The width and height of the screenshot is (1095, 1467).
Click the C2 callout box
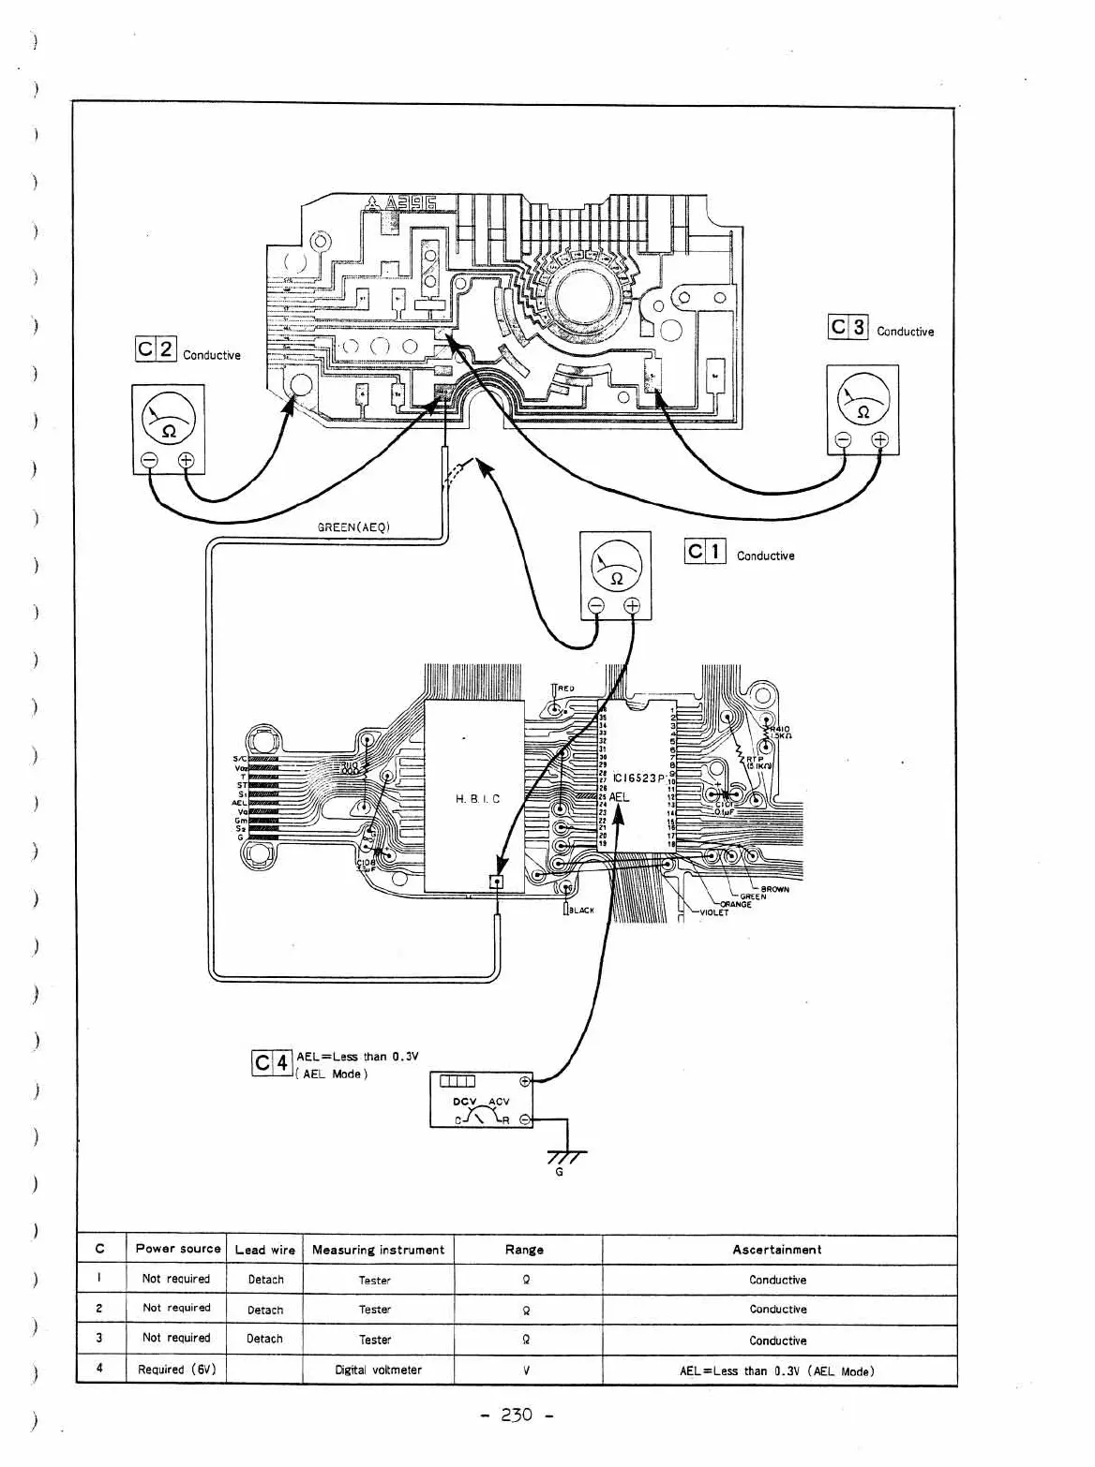156,349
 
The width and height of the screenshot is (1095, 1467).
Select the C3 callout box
848,327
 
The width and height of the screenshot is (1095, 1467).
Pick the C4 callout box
272,1063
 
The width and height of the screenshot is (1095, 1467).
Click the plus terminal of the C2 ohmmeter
186,459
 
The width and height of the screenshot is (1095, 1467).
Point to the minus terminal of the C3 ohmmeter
843,441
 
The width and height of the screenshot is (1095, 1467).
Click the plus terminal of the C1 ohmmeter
633,606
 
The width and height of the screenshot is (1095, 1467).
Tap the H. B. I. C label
478,799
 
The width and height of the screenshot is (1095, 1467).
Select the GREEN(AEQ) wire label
353,526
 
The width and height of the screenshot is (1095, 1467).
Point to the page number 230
516,1415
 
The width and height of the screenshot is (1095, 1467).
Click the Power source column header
178,1249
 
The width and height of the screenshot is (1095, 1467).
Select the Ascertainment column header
776,1250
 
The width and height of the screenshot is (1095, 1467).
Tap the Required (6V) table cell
177,1370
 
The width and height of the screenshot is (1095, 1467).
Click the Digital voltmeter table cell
378,1370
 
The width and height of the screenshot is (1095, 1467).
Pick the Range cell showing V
527,1370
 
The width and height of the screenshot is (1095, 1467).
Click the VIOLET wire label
713,912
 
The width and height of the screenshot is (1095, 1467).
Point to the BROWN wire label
775,889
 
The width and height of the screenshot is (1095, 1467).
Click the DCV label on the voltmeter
465,1102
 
